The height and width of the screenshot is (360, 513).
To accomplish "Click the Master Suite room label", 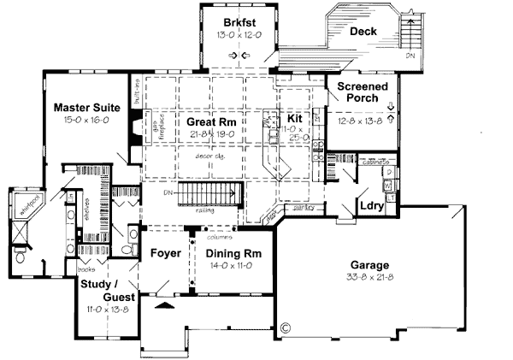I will pyautogui.click(x=85, y=108).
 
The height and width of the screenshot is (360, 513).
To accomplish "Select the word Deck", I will pyautogui.click(x=363, y=32).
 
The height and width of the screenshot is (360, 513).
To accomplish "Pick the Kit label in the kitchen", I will pyautogui.click(x=294, y=117).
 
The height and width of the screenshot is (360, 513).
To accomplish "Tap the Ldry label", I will pyautogui.click(x=371, y=206).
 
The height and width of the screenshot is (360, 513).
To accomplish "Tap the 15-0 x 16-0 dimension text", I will pyautogui.click(x=85, y=121).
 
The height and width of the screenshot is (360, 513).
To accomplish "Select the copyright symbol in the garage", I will pyautogui.click(x=286, y=326).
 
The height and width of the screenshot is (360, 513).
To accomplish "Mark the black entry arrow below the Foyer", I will pyautogui.click(x=164, y=304).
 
